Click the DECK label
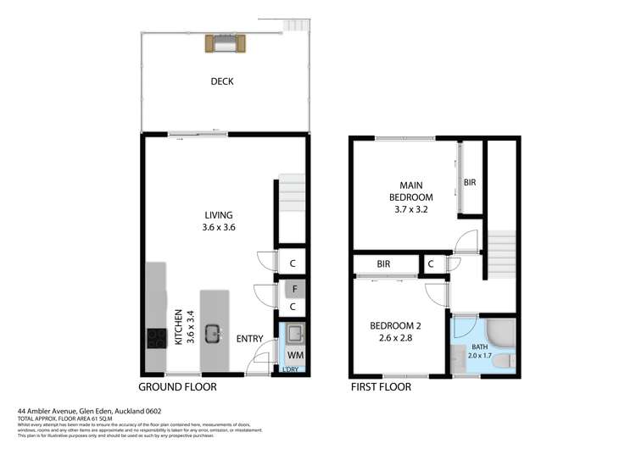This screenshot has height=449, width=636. [222, 82]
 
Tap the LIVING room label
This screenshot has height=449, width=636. [218, 215]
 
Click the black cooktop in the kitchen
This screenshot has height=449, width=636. [156, 339]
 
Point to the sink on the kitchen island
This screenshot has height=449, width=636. [213, 332]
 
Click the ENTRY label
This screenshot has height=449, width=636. [248, 339]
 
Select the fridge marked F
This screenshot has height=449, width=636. [293, 289]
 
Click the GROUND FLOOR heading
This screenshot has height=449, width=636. [177, 387]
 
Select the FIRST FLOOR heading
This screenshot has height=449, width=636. [381, 387]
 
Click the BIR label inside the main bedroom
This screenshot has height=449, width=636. [469, 182]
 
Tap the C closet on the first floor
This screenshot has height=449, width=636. [432, 264]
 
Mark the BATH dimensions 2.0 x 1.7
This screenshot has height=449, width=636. [480, 357]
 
